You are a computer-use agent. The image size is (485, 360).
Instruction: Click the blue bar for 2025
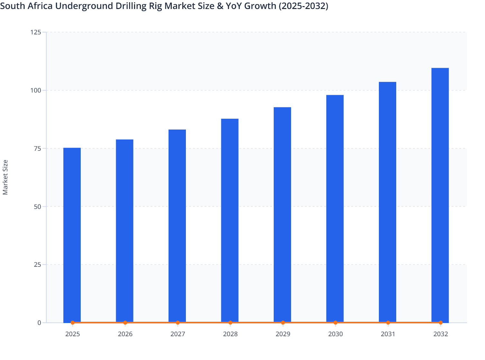(72, 235)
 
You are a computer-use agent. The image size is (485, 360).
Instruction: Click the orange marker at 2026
(125, 322)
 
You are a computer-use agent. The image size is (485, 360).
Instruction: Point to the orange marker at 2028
(230, 322)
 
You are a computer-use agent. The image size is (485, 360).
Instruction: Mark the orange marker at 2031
(388, 322)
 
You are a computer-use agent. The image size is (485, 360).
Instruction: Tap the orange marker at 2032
(441, 322)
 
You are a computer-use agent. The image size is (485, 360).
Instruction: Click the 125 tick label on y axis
(36, 32)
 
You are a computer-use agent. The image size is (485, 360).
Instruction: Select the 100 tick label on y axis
(36, 90)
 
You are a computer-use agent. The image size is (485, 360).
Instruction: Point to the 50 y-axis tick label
(37, 207)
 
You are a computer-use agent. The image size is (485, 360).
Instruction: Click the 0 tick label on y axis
(39, 323)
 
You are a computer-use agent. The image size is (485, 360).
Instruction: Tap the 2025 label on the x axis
(73, 334)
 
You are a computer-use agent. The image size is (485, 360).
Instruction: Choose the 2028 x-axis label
(230, 334)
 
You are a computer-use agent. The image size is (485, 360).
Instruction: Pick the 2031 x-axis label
(388, 334)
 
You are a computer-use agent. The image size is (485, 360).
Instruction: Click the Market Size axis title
(5, 177)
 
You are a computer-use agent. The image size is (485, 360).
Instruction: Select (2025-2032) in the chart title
(303, 6)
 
